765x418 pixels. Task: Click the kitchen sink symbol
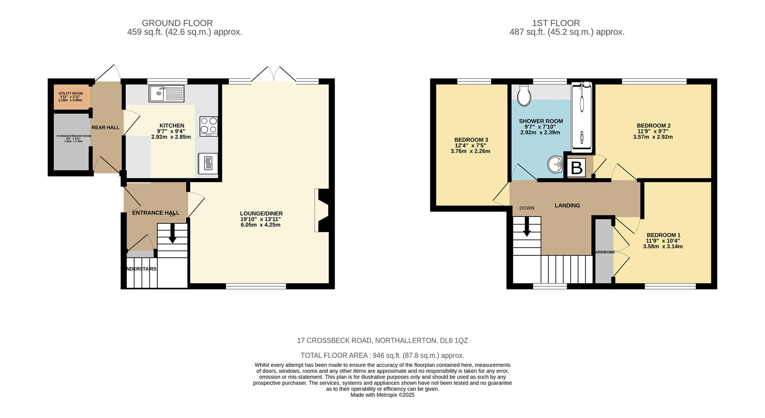166,94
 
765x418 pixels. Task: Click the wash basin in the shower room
555,165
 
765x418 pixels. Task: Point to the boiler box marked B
577,168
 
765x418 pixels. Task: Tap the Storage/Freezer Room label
73,136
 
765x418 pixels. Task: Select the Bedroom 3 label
471,140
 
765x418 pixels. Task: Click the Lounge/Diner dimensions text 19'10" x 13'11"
261,219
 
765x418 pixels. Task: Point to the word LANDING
567,205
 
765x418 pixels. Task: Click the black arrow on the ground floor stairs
173,234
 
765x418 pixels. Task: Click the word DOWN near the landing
527,208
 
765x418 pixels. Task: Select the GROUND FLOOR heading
177,23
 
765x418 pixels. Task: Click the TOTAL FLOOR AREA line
382,355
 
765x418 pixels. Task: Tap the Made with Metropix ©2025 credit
382,395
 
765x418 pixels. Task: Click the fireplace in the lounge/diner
322,210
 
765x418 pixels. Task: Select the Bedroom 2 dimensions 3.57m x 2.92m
653,137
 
